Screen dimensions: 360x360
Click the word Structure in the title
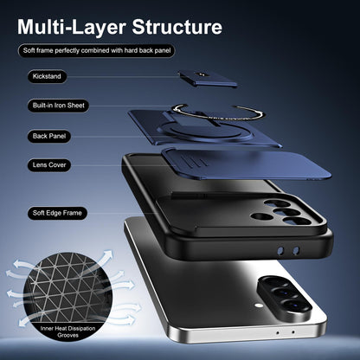(177, 27)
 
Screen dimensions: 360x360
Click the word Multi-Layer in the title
(72, 28)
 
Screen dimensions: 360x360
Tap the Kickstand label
(47, 76)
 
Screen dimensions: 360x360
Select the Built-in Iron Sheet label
(58, 106)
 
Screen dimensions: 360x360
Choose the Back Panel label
(49, 136)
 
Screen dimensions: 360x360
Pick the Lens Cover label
(49, 165)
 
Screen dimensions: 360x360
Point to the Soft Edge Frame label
(57, 213)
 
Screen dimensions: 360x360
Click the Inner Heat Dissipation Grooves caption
(67, 331)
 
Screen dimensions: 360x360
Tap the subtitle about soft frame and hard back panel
(97, 51)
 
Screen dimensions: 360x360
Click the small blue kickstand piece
(208, 79)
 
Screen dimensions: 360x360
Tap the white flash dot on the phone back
(259, 305)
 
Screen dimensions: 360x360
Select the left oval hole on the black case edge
(280, 250)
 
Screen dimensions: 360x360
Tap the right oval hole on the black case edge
(296, 250)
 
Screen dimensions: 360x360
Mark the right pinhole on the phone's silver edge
(293, 332)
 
